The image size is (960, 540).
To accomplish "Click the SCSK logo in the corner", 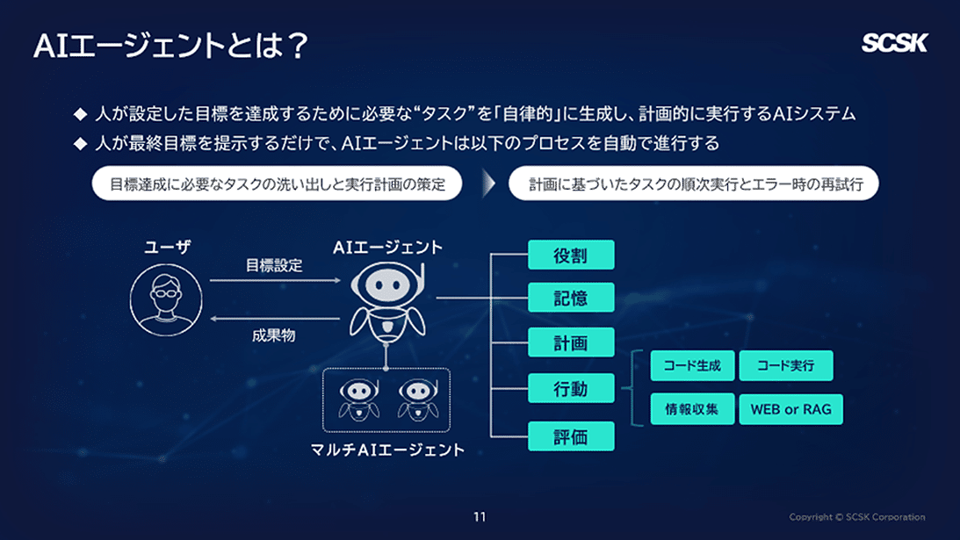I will [x=893, y=43].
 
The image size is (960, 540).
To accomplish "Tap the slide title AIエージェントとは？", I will [x=170, y=46].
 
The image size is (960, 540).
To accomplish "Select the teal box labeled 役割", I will [x=571, y=256].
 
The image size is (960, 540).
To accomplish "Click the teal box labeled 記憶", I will [x=571, y=299].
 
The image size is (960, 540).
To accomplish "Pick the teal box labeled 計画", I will [x=571, y=342].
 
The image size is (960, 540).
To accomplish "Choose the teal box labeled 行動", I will [x=571, y=388].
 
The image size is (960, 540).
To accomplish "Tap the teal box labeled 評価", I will [x=571, y=436].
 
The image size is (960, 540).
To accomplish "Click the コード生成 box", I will [x=692, y=366].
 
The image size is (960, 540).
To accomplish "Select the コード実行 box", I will [x=786, y=366].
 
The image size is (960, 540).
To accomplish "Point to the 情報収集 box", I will [x=692, y=409].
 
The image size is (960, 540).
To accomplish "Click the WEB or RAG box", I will [x=790, y=409].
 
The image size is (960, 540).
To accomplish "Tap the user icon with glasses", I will [x=167, y=299].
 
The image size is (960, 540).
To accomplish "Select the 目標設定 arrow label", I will [x=274, y=265].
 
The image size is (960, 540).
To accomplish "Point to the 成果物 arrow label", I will [x=274, y=335].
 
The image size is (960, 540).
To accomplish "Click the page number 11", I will [x=480, y=516].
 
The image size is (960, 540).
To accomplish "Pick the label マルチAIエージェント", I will [x=387, y=450].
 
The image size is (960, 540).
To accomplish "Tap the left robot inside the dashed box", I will [x=357, y=399].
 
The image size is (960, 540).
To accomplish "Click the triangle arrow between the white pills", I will [x=486, y=184].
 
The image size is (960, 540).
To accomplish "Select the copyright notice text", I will [x=856, y=517].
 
